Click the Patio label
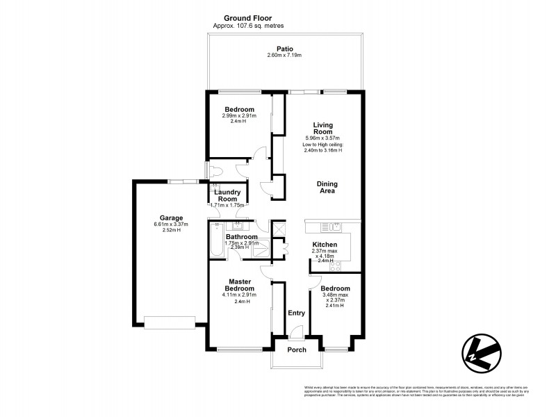pos(284,49)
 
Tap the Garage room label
pos(171,216)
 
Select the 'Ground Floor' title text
pos(248,18)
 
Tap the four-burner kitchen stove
pos(335,265)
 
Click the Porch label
pos(297,350)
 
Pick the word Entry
pos(297,313)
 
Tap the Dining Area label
pos(327,187)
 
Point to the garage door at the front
pos(170,322)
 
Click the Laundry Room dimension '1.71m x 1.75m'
pos(228,206)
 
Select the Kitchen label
pos(325,245)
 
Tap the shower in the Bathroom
pos(279,229)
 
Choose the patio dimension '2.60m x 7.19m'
pos(284,55)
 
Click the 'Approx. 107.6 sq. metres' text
pos(248,26)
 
